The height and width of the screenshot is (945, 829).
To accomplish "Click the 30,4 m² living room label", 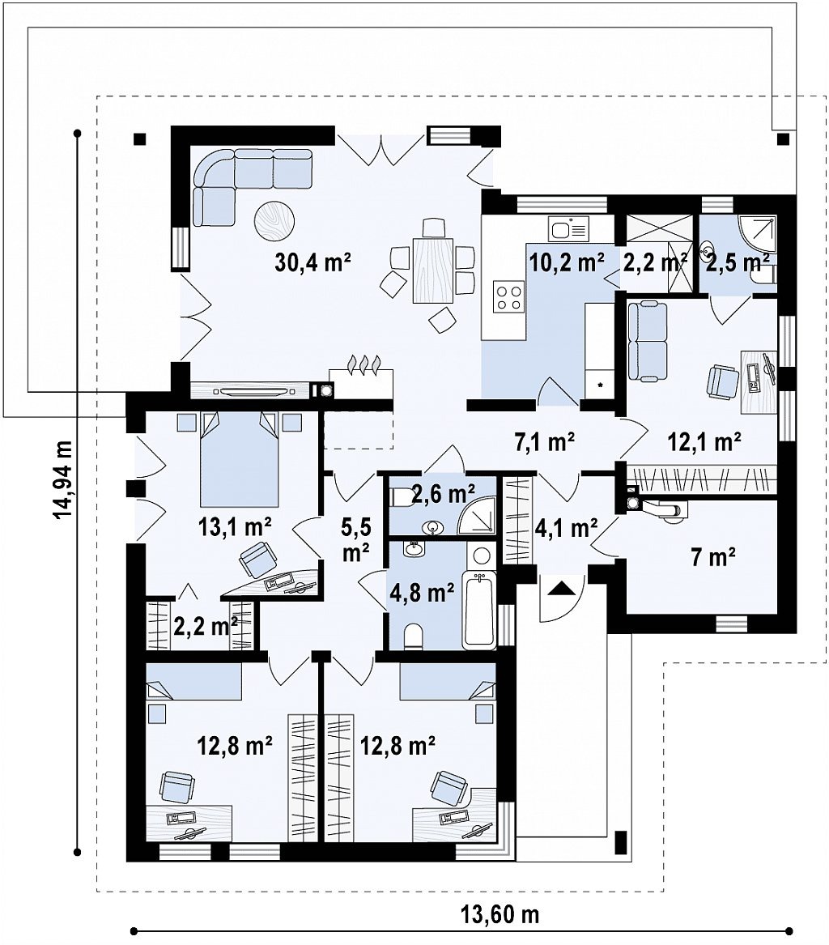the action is (312, 262).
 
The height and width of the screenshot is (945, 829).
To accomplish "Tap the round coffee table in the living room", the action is (274, 221).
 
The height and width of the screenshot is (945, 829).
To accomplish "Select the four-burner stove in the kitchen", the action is (508, 296).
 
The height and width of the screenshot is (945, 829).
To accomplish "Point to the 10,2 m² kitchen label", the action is (567, 262).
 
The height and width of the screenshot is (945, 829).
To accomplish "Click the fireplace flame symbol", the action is (363, 364).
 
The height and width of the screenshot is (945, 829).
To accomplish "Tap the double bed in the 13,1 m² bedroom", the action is (240, 459).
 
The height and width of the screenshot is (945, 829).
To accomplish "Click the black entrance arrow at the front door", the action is (560, 587).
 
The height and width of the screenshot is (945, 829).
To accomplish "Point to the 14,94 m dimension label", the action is (62, 479).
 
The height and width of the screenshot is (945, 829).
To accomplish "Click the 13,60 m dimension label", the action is (500, 915).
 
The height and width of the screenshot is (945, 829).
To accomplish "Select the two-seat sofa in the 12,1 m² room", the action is (648, 342).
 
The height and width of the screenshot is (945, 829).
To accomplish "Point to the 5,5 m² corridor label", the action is (356, 540).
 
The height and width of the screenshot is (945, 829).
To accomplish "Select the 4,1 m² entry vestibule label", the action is (566, 528).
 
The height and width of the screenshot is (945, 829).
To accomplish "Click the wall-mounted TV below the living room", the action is (253, 390).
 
